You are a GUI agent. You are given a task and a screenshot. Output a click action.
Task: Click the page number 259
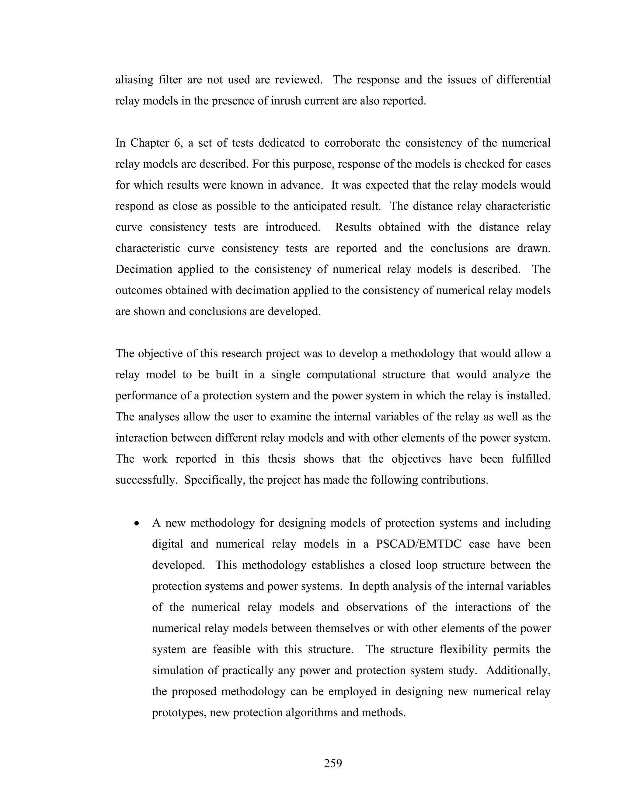333,763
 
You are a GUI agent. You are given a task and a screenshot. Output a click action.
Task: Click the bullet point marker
137,524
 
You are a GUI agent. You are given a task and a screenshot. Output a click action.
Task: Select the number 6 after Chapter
177,143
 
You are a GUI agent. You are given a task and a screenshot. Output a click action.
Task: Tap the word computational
341,375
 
